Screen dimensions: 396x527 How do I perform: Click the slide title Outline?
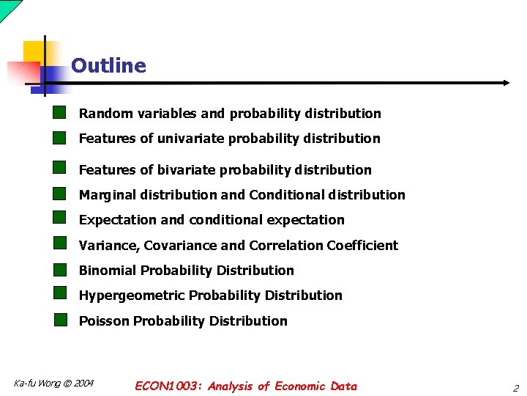coord(108,66)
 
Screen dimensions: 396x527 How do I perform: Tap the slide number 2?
coord(515,388)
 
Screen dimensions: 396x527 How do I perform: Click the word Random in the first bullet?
coord(101,114)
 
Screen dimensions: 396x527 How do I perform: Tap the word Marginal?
coord(107,195)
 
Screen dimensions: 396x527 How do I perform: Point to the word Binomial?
coord(108,271)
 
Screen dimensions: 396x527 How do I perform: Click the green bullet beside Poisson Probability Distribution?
coord(60,320)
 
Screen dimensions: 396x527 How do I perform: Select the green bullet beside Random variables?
coord(60,112)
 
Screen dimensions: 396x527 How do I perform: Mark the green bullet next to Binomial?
coord(60,269)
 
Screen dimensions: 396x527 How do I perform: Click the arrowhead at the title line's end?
coord(506,83)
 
